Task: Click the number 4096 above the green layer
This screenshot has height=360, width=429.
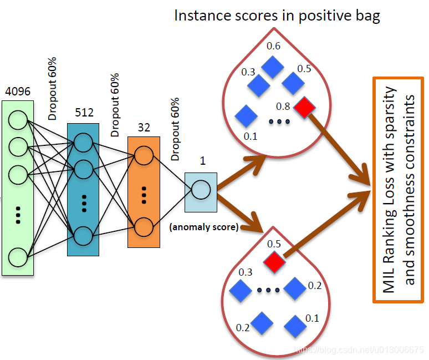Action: tap(18, 91)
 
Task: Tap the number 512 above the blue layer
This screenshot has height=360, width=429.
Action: tap(84, 112)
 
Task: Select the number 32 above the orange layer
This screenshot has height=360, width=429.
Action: tap(144, 127)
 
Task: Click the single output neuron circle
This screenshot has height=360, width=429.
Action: tap(201, 190)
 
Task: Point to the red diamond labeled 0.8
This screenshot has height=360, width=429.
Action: tap(304, 107)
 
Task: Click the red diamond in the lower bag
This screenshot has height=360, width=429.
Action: tap(274, 262)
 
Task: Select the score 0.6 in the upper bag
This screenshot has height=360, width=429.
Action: tap(273, 46)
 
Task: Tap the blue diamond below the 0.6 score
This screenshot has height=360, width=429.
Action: tap(273, 67)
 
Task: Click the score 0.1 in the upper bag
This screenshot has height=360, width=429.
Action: tap(251, 136)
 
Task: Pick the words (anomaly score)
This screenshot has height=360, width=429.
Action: tap(204, 227)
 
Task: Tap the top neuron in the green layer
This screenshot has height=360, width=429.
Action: tap(18, 120)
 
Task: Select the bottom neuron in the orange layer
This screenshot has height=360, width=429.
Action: tap(144, 227)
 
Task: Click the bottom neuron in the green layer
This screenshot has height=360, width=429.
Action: tap(18, 257)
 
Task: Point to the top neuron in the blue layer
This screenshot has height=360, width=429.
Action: tap(83, 143)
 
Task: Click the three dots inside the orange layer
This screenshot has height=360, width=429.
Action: tap(144, 195)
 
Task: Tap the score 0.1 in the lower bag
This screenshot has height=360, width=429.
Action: tap(312, 318)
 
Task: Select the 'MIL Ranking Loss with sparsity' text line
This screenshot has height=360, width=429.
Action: tap(389, 190)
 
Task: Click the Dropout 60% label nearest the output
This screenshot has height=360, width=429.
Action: tap(175, 129)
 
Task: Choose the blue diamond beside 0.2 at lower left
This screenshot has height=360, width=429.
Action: tap(262, 323)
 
